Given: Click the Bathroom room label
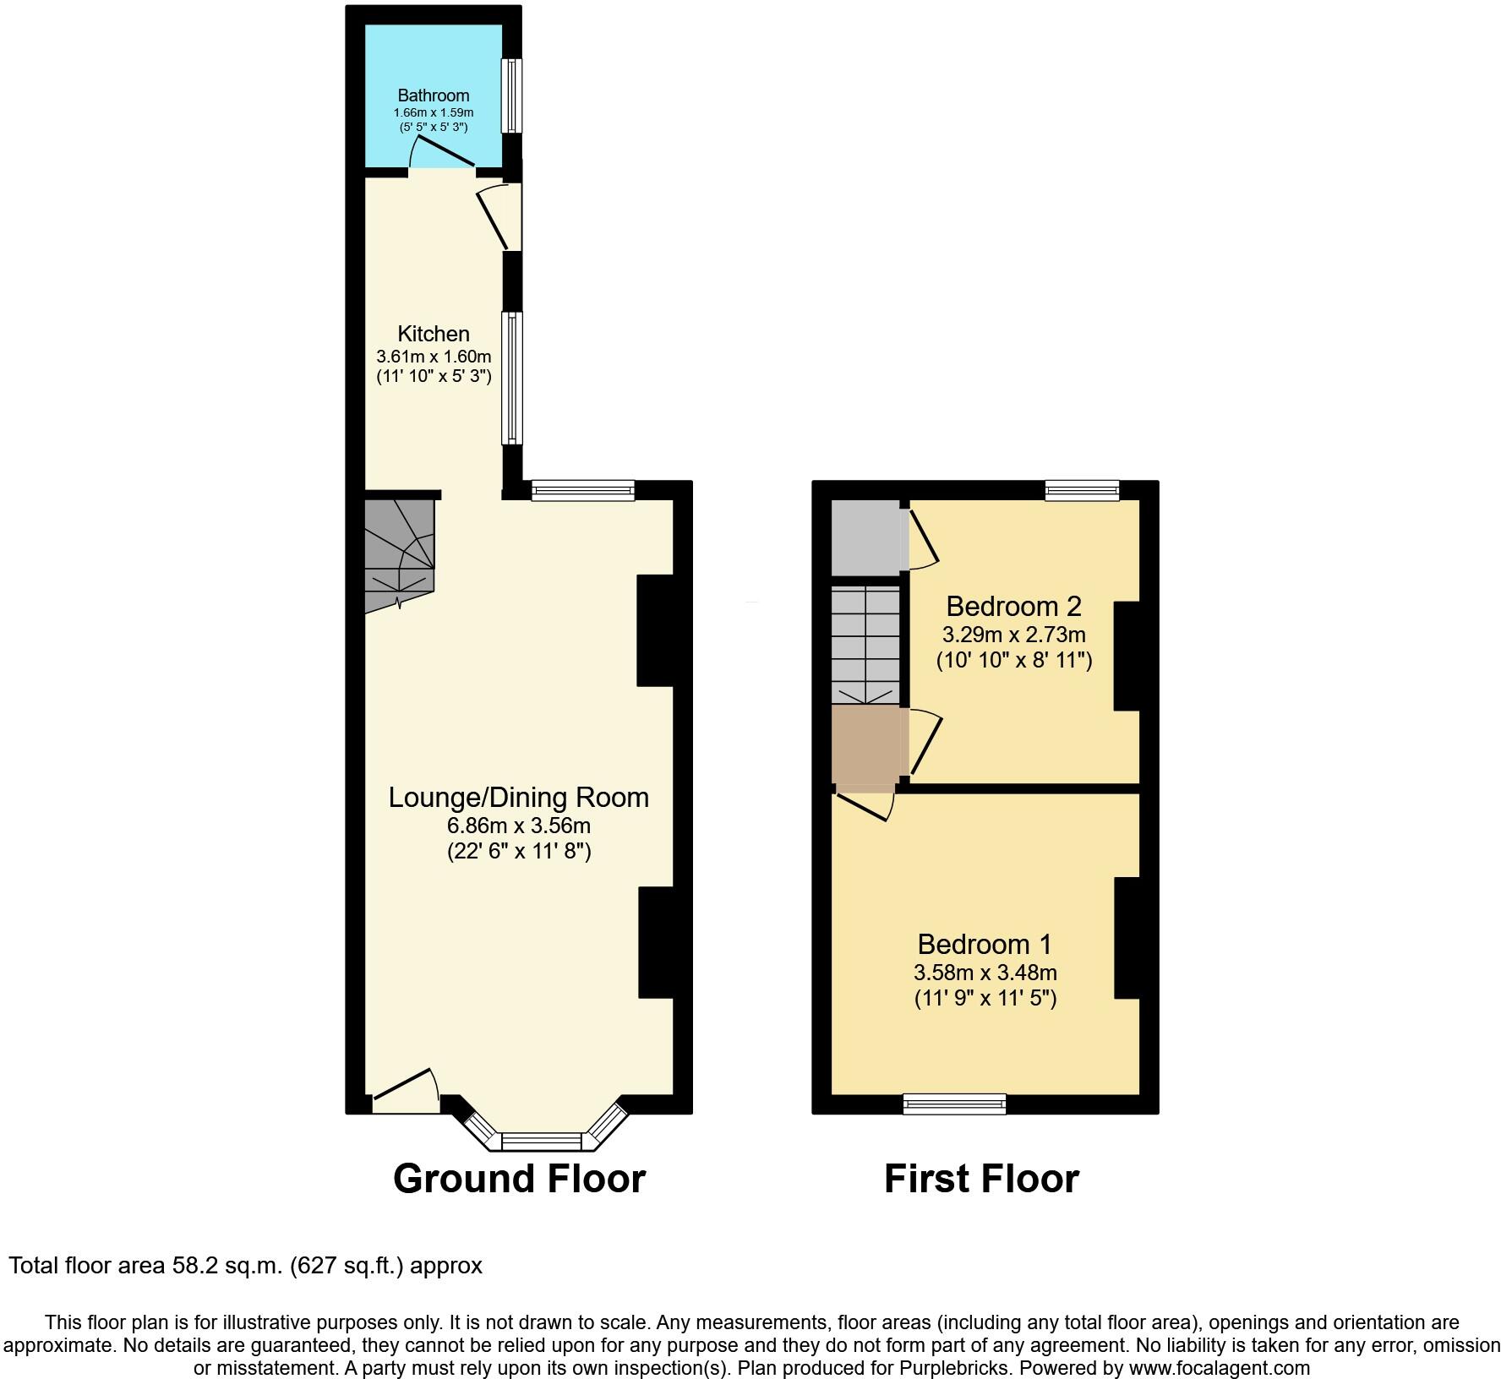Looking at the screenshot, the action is [x=434, y=95].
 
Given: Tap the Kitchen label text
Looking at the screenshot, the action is [x=434, y=334].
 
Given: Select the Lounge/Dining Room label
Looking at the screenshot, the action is [x=519, y=798].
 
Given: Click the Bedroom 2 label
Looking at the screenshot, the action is [x=1014, y=606].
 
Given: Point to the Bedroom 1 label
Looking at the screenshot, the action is [x=985, y=944].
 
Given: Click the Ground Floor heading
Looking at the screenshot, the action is [x=519, y=1179].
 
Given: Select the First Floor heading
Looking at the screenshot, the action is [x=981, y=1179].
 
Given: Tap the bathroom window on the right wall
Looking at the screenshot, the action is [x=511, y=95].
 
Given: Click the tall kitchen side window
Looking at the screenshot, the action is [x=512, y=378].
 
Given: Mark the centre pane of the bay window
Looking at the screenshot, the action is [x=542, y=1142].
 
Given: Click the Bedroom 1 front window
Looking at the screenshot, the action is [x=955, y=1104].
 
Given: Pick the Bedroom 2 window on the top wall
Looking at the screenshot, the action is [x=1083, y=490].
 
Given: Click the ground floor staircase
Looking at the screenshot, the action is [x=399, y=555].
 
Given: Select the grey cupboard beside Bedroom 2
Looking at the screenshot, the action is [x=867, y=538].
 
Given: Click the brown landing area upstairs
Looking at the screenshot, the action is [x=869, y=744].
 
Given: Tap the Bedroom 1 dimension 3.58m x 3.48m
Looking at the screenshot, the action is [x=985, y=973].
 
